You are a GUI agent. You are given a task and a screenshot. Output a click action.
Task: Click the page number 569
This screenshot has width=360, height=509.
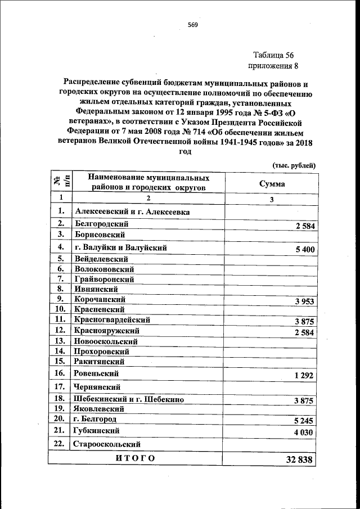click(x=193, y=25)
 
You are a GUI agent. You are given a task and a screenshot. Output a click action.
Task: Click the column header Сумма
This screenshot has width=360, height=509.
click(x=272, y=184)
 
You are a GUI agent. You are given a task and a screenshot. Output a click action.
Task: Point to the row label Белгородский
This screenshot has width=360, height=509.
click(x=97, y=223)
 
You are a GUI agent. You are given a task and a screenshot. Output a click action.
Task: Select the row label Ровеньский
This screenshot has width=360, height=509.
click(x=96, y=373)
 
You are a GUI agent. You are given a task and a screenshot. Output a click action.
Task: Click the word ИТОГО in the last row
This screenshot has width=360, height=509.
click(x=135, y=458)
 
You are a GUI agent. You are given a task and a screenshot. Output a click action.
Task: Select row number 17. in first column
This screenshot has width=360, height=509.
click(x=60, y=386)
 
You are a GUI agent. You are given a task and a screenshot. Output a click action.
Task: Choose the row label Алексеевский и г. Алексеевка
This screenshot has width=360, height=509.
click(x=132, y=211)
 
